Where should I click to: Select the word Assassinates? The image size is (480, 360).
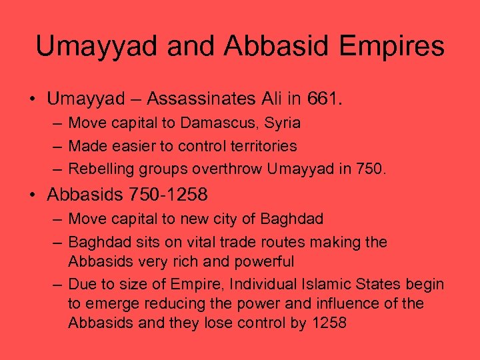pos(199,99)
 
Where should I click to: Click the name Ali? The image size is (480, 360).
pos(271,99)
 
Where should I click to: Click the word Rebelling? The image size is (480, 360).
pos(98,168)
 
